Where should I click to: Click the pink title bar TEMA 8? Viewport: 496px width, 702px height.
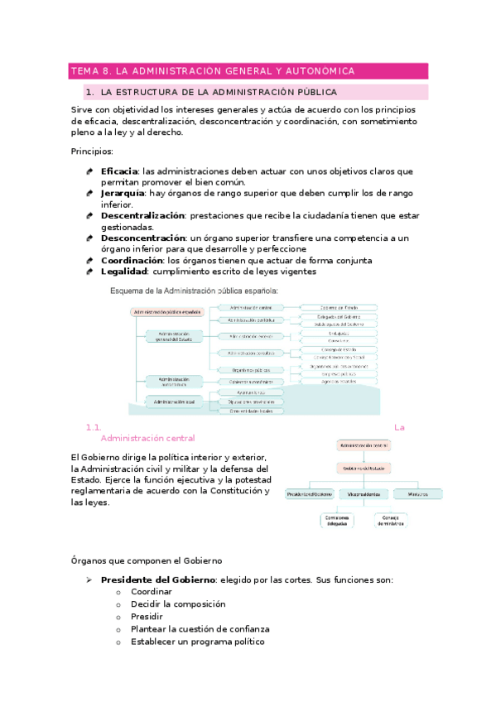248,71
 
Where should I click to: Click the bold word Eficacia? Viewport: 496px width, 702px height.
118,171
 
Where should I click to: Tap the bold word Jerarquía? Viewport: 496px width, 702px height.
122,193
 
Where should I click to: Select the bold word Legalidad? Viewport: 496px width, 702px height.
123,271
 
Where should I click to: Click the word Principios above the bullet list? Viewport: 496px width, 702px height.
92,151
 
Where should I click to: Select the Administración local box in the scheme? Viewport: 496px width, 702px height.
173,401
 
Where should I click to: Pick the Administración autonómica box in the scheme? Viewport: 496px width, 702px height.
174,380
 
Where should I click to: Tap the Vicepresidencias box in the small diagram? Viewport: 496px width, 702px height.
364,493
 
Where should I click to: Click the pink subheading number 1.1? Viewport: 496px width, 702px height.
92,427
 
